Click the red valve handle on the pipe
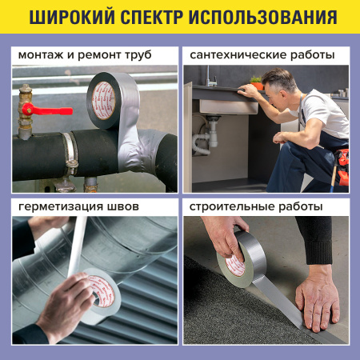(36, 109)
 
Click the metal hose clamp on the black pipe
(70, 151)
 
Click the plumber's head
(280, 84)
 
